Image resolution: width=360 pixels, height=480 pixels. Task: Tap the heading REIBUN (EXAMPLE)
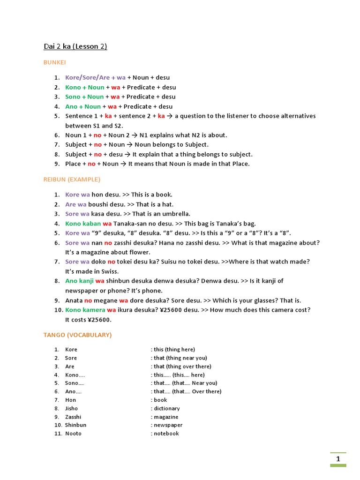coord(72,180)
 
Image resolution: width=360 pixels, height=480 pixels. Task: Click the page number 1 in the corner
coord(338,459)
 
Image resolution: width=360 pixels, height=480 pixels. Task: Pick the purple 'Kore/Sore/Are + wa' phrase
coord(96,77)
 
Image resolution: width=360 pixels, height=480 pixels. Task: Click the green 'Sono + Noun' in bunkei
coord(84,97)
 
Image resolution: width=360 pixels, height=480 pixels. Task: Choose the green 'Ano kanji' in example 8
coord(79,281)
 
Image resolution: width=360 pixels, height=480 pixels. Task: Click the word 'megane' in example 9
coord(105,300)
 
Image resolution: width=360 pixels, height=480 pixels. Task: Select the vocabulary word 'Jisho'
coord(72,408)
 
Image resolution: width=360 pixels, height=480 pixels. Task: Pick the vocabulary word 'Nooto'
coord(73,434)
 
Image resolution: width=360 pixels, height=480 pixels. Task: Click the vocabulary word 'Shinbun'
coord(75,425)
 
